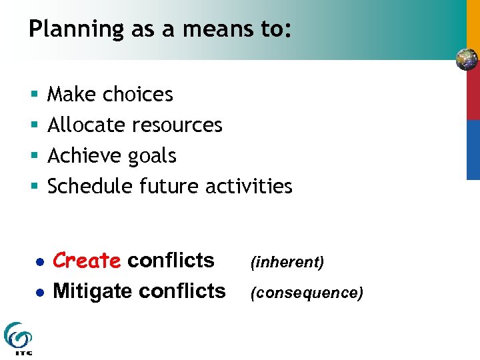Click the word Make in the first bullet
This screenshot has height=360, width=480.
tap(73, 95)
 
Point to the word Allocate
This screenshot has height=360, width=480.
tap(88, 125)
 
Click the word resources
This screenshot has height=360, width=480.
tap(178, 125)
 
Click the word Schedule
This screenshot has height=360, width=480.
tap(91, 187)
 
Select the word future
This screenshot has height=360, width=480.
tap(170, 187)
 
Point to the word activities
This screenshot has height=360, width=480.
tap(249, 187)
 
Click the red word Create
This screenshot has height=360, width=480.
tap(87, 261)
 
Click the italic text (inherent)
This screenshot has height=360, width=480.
tap(287, 263)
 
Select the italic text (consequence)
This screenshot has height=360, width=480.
tap(307, 293)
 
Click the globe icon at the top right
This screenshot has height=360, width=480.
tap(467, 60)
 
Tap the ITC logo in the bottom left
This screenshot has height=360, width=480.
tap(17, 338)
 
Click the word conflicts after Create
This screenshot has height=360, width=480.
tap(171, 261)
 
